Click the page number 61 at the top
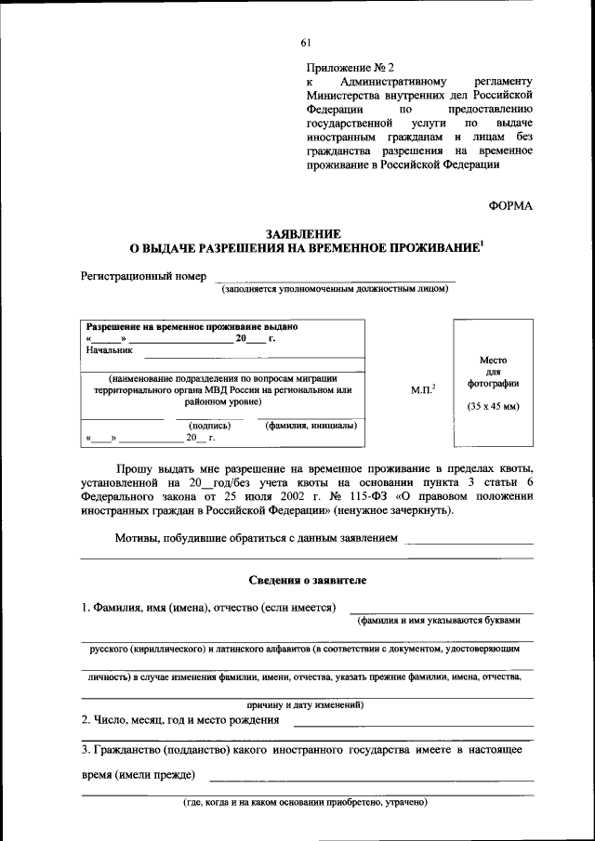(x=307, y=42)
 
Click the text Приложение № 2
(x=350, y=68)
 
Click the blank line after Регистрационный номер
(x=335, y=279)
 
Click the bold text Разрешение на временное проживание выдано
(x=192, y=327)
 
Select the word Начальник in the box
(x=110, y=350)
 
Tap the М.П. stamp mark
(x=424, y=389)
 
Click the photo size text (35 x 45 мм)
(x=493, y=407)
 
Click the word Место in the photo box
(x=493, y=360)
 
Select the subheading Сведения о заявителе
(x=307, y=580)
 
